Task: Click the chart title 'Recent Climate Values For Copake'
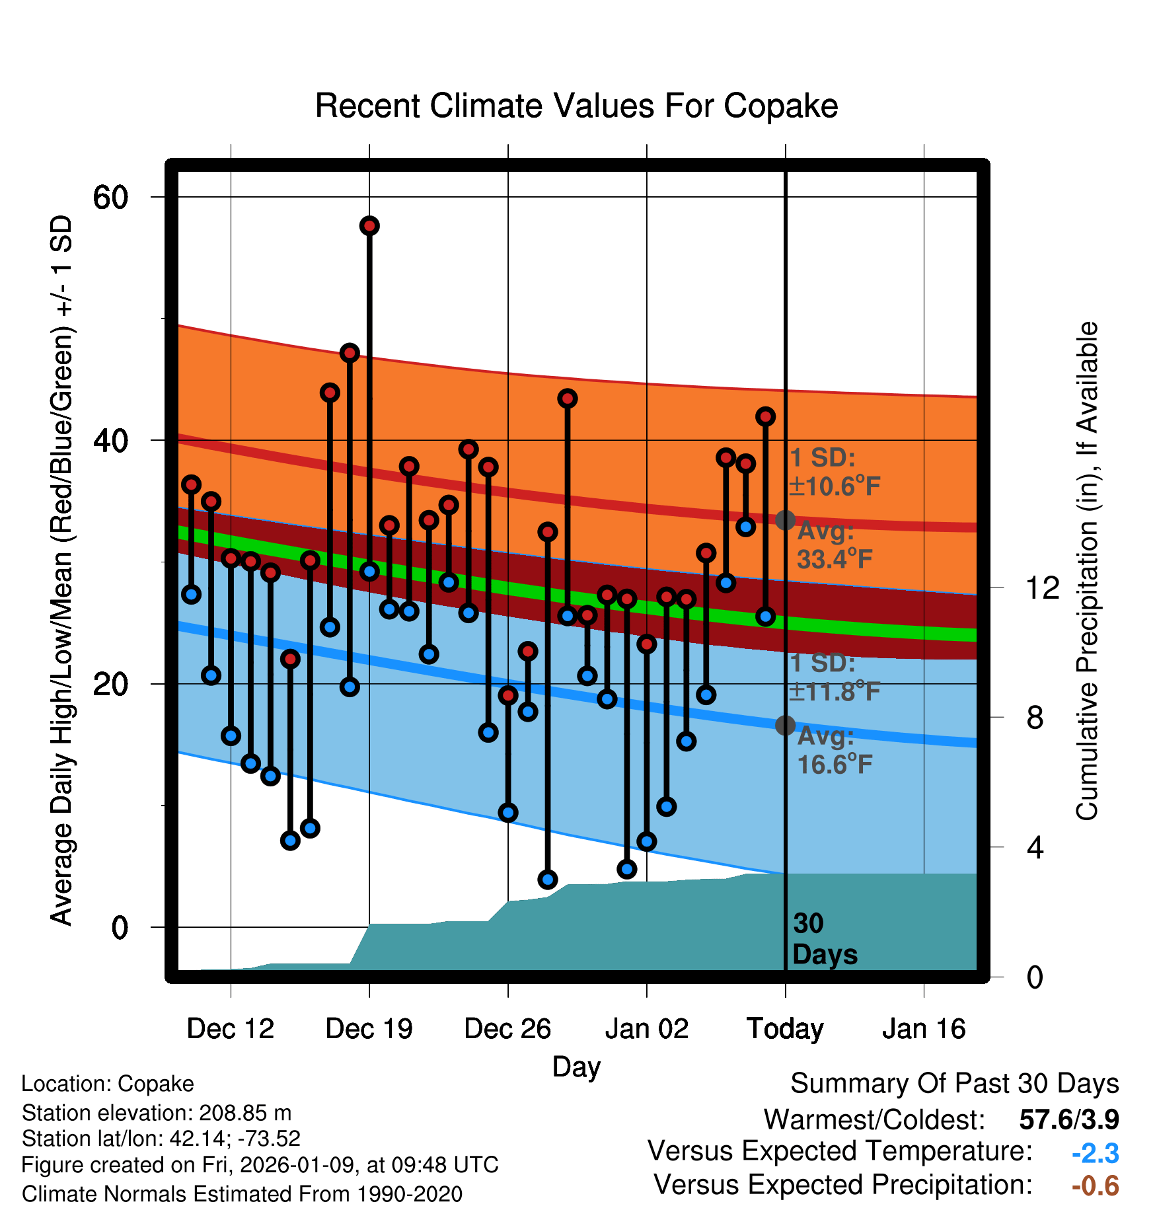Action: coord(576,106)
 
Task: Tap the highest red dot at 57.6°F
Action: coord(369,226)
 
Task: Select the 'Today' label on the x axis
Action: coord(785,1029)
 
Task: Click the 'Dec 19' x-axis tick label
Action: coord(369,1029)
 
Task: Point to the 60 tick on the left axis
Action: coord(110,197)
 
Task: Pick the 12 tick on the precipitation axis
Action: coord(1042,587)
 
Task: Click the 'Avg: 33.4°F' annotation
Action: coord(835,545)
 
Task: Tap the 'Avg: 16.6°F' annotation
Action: coord(835,750)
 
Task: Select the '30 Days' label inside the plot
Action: coord(824,939)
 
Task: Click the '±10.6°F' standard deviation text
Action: coord(835,486)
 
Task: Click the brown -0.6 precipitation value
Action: coord(1095,1186)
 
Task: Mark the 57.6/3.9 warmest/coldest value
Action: coord(1068,1119)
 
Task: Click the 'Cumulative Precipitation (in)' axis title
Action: coord(1087,571)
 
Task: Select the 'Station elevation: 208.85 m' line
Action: coord(157,1113)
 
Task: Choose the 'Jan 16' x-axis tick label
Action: coord(924,1029)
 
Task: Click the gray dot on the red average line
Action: coord(785,520)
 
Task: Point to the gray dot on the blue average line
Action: coord(785,725)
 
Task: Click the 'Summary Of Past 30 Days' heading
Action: coord(954,1084)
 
